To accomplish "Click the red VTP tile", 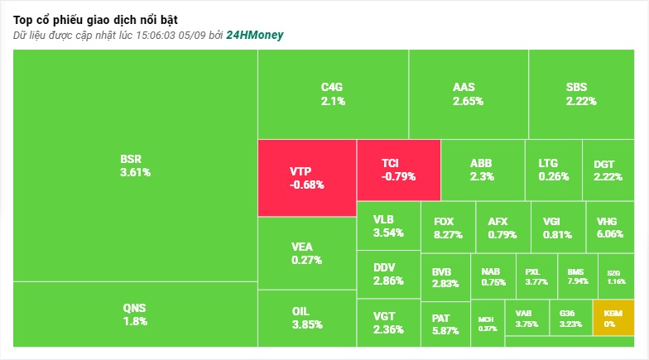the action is (x=307, y=178).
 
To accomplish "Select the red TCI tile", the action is (x=399, y=170).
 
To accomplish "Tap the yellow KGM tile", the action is (x=613, y=318).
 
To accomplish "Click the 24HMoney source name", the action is (x=255, y=35).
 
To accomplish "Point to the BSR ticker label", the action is (x=131, y=159).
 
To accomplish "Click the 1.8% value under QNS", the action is (x=136, y=321).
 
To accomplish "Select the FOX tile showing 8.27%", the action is (x=448, y=227).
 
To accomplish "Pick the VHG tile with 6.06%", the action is (x=610, y=227).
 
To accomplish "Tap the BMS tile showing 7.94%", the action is (x=578, y=276).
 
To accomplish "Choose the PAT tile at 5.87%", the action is (x=445, y=324).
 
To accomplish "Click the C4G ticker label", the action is (x=332, y=87).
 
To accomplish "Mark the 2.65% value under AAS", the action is (x=469, y=101).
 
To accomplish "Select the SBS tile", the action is (x=581, y=94).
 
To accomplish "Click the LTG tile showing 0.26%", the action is (x=554, y=170).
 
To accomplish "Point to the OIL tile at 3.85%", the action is (x=307, y=318).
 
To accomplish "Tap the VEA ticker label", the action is (x=301, y=247).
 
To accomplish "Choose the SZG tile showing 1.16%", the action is (x=616, y=276).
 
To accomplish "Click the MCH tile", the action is (x=488, y=323).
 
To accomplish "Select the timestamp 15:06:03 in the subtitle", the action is (x=156, y=35).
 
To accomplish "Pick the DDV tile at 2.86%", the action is (x=389, y=275).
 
